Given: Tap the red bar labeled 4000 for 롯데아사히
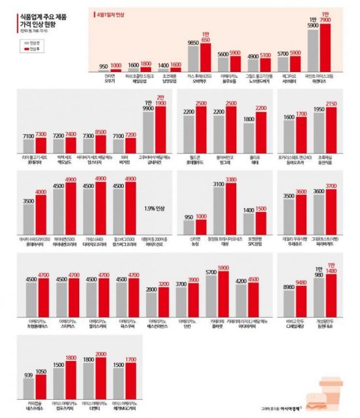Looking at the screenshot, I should [x=41, y=214].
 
